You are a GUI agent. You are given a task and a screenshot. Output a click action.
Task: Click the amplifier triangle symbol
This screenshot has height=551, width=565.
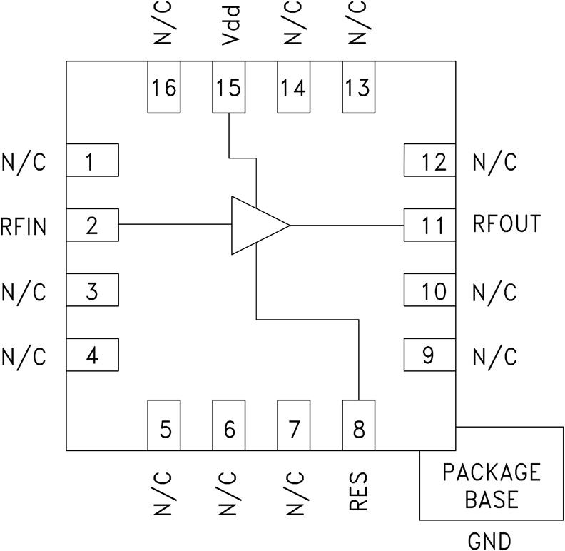255,225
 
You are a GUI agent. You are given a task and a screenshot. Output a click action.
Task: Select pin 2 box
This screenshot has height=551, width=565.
92,225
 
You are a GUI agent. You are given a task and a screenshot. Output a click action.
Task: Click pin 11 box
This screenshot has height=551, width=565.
429,225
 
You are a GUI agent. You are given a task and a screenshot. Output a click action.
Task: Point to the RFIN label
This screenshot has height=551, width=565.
24,227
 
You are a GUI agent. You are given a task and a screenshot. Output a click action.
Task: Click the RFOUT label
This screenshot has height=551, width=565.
507,224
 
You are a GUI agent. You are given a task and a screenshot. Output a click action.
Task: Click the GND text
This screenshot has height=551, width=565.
489,540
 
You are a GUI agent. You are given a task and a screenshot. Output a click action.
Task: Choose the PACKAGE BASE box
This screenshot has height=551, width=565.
491,485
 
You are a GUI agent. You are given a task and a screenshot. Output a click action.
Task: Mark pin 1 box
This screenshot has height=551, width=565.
92,160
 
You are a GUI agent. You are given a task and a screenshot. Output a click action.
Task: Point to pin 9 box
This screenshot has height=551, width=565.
429,355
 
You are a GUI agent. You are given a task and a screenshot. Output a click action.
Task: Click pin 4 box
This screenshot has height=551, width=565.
92,355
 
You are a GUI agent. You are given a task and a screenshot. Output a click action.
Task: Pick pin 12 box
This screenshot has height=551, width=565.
429,160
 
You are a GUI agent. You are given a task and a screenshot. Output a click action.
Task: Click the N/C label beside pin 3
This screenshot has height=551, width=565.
24,292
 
